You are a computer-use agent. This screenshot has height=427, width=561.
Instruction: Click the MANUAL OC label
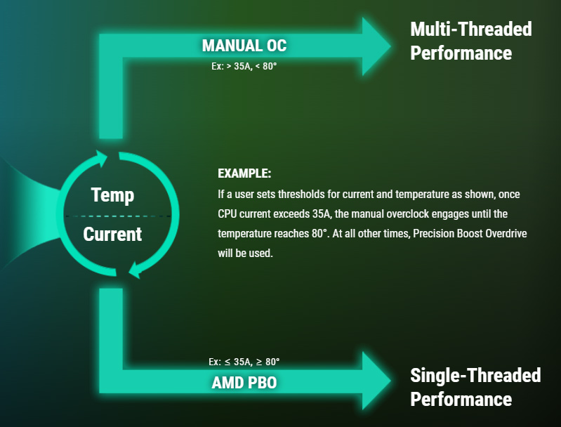coord(244,46)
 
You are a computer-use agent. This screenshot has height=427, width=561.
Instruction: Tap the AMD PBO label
coord(244,383)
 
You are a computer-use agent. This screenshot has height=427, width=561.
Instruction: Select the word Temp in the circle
coord(113,195)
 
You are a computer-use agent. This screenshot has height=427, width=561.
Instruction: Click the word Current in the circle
coord(113,234)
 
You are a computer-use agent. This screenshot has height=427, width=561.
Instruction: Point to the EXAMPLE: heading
coord(244,173)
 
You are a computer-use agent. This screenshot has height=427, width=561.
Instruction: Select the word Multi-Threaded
coord(471,29)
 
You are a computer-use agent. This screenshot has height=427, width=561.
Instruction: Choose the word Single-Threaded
coord(475,375)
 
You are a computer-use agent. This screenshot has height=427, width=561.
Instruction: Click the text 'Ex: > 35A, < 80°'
coord(244,66)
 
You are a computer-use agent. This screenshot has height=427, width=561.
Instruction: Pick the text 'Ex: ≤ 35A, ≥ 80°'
coord(244,362)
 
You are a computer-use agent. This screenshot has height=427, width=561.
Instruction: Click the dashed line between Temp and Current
coord(118,216)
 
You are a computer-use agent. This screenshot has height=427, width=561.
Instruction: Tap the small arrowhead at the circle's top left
coord(101,158)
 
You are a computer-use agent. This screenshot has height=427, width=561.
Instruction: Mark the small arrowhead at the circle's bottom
coord(136,270)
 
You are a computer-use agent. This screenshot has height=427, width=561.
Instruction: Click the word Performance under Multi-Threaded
coord(461,53)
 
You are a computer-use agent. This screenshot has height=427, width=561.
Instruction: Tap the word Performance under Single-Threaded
coord(461,399)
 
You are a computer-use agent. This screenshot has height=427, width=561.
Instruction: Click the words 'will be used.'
coord(245,254)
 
